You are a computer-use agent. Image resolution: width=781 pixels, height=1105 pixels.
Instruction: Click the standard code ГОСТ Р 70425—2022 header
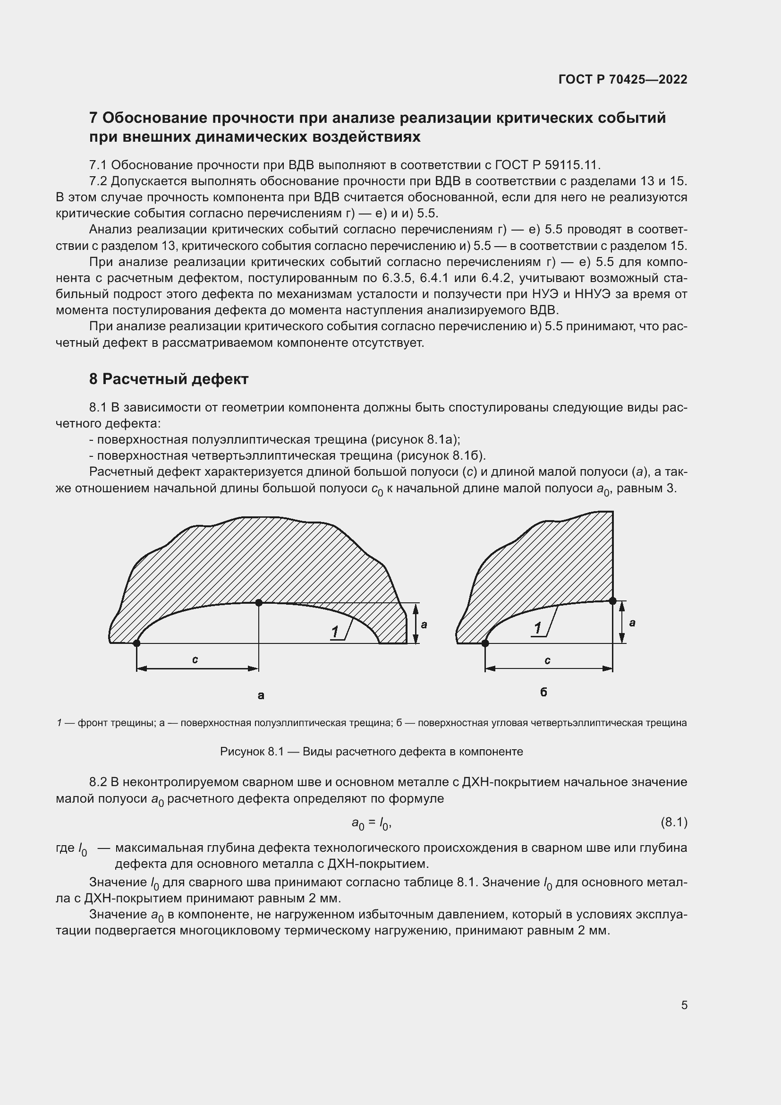623,79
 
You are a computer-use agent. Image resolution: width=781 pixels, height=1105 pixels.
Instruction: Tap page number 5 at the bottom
684,1005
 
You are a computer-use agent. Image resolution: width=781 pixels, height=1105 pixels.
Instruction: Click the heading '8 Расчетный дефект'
168,379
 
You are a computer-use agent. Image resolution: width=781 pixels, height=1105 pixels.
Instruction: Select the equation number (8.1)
674,822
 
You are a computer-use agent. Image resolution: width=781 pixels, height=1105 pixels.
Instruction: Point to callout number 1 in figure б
538,628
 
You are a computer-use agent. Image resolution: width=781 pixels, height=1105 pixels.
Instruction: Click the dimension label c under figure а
195,660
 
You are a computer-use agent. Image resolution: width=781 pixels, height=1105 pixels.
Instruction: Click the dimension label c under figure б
547,661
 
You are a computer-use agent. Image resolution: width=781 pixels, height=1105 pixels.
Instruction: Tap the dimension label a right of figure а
424,625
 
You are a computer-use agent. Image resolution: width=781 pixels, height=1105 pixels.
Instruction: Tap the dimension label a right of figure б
632,623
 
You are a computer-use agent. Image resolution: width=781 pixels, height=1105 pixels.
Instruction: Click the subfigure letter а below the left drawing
261,695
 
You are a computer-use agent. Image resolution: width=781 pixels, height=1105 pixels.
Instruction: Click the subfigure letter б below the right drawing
543,692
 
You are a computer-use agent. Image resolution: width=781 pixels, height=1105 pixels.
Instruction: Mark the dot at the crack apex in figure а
259,602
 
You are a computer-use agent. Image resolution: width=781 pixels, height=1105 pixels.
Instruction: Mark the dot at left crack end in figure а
136,643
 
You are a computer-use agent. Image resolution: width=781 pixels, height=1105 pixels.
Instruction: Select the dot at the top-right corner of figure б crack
612,600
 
